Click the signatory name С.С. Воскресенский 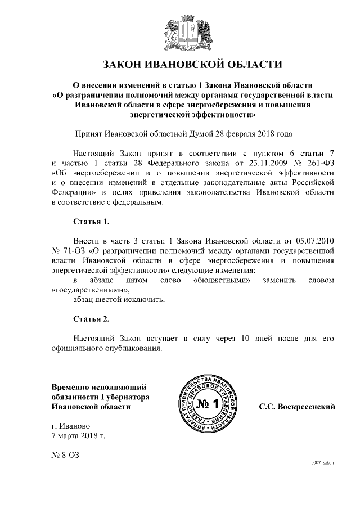(x=296, y=407)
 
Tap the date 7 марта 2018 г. (x=78, y=435)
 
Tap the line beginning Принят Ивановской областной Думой (x=184, y=134)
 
